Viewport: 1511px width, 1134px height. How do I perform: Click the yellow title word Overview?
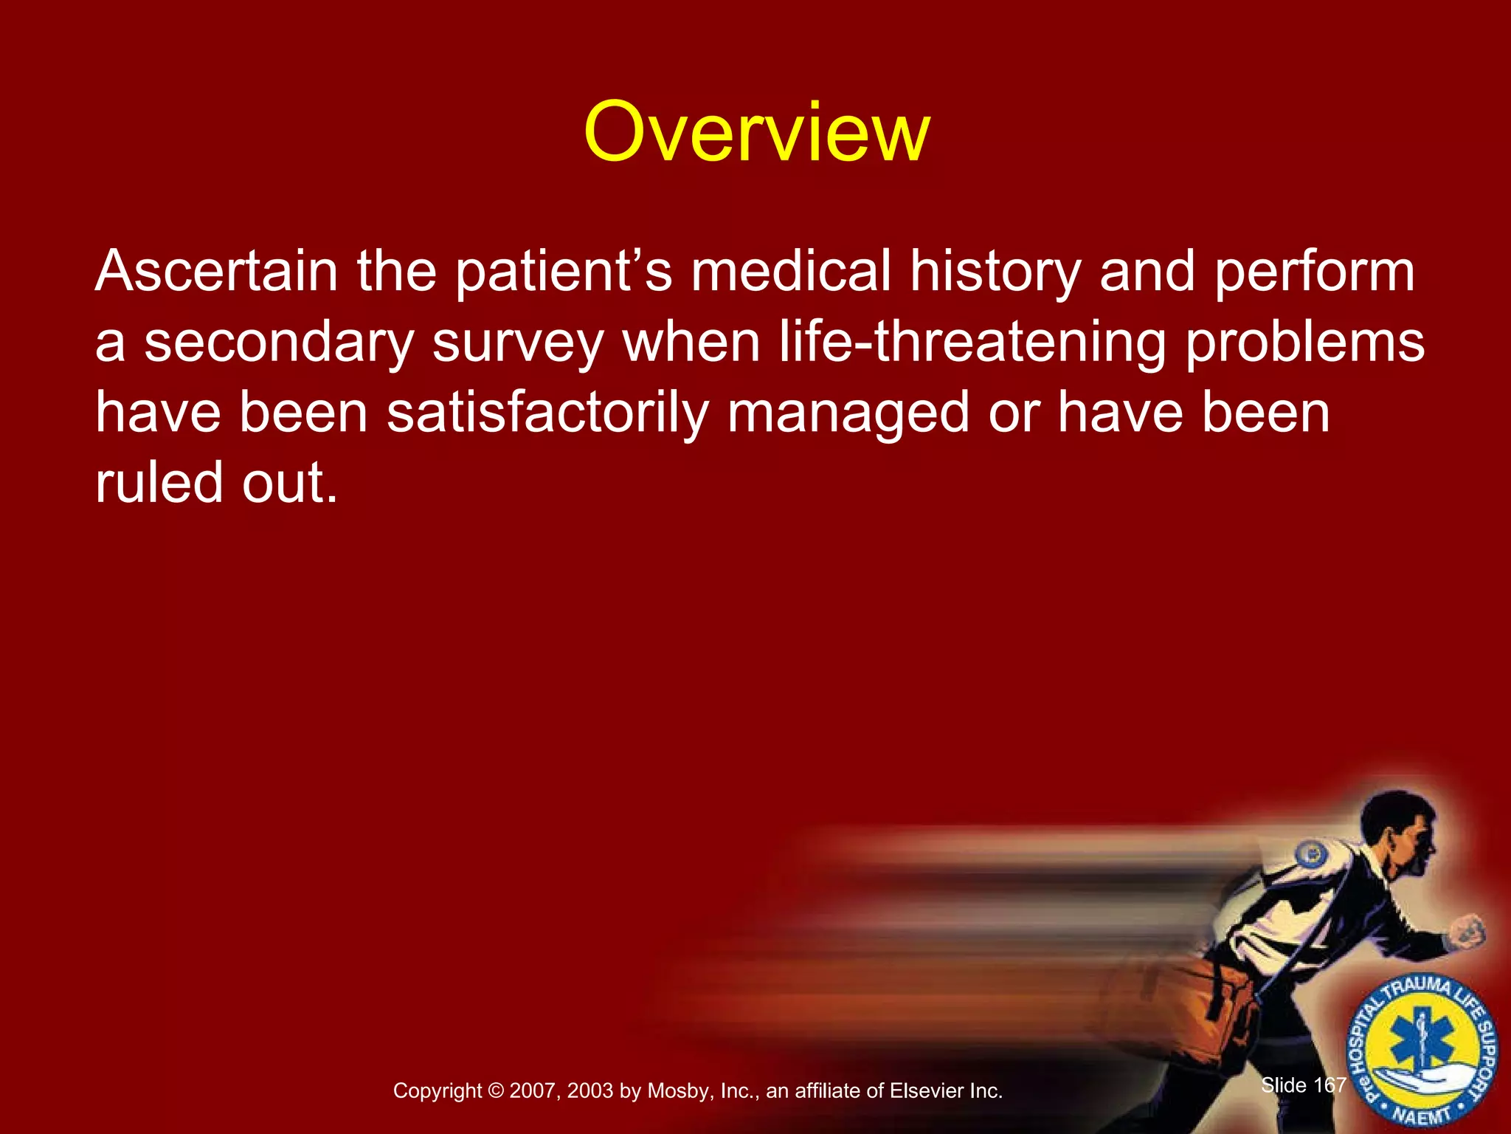point(755,133)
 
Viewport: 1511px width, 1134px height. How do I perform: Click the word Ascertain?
point(216,271)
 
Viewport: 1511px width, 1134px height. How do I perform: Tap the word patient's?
point(562,271)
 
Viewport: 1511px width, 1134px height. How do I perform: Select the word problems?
point(1305,343)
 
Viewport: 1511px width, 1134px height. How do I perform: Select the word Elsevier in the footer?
point(926,1091)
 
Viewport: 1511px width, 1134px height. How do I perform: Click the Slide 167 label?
point(1304,1085)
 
